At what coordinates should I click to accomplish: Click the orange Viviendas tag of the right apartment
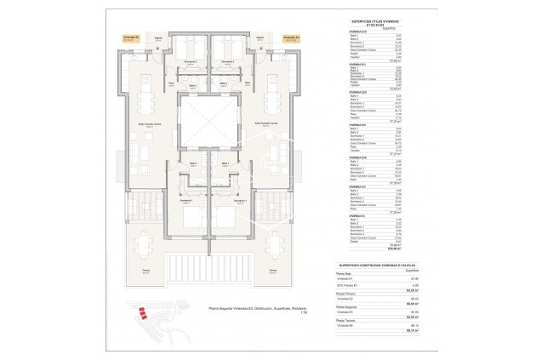tap(290, 38)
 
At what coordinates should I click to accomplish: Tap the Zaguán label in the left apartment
tap(159, 38)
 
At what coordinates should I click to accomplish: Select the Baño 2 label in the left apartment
tap(193, 85)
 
